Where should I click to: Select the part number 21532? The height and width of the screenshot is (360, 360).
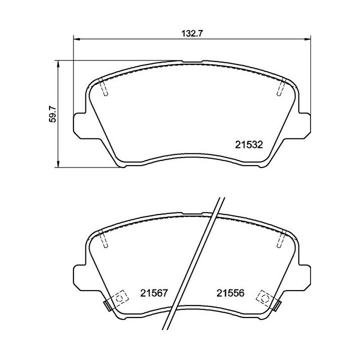tap(249, 145)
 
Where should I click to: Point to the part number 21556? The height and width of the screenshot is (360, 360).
tap(229, 293)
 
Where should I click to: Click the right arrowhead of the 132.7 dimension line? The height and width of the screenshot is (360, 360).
tap(306, 39)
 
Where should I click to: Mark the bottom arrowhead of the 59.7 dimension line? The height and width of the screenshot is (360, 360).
tap(59, 164)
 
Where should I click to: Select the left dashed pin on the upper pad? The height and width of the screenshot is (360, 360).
tap(103, 88)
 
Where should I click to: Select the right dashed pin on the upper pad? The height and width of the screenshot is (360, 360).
tap(281, 88)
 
